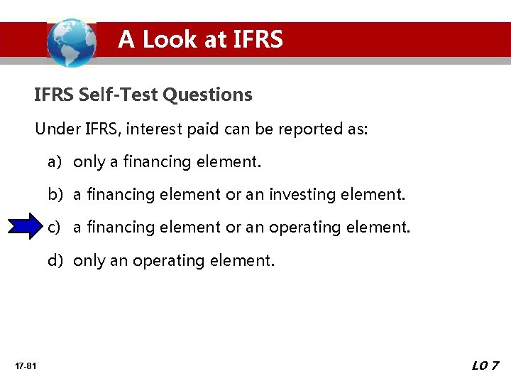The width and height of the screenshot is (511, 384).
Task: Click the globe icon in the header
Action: [71, 41]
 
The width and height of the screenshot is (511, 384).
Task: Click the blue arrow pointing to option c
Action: [28, 227]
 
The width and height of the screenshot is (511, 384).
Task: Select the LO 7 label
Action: [485, 366]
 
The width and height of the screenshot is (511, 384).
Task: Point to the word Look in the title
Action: [170, 39]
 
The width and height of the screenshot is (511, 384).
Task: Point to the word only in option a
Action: [89, 162]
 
